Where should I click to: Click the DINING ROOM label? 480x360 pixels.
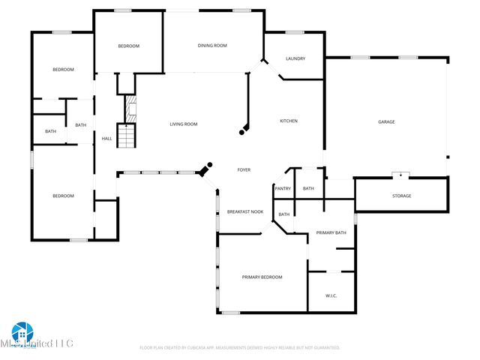[212, 46]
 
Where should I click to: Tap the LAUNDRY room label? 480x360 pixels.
[295, 58]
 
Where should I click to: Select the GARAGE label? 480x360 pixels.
[386, 121]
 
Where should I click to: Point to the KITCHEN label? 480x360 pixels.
[289, 121]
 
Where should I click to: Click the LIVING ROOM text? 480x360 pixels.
[183, 124]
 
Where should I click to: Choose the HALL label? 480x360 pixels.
[106, 138]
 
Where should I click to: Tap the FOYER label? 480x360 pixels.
[244, 170]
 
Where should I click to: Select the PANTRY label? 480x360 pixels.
[283, 188]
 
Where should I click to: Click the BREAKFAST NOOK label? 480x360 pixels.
[245, 212]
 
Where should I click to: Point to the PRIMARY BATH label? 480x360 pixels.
[331, 232]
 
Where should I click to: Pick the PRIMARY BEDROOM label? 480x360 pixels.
[262, 277]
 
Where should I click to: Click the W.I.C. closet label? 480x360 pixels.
[331, 295]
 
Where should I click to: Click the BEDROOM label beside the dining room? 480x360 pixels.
[128, 46]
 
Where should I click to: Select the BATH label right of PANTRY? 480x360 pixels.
[308, 188]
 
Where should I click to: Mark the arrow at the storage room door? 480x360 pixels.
[401, 175]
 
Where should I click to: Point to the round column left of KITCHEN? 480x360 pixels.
[241, 132]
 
